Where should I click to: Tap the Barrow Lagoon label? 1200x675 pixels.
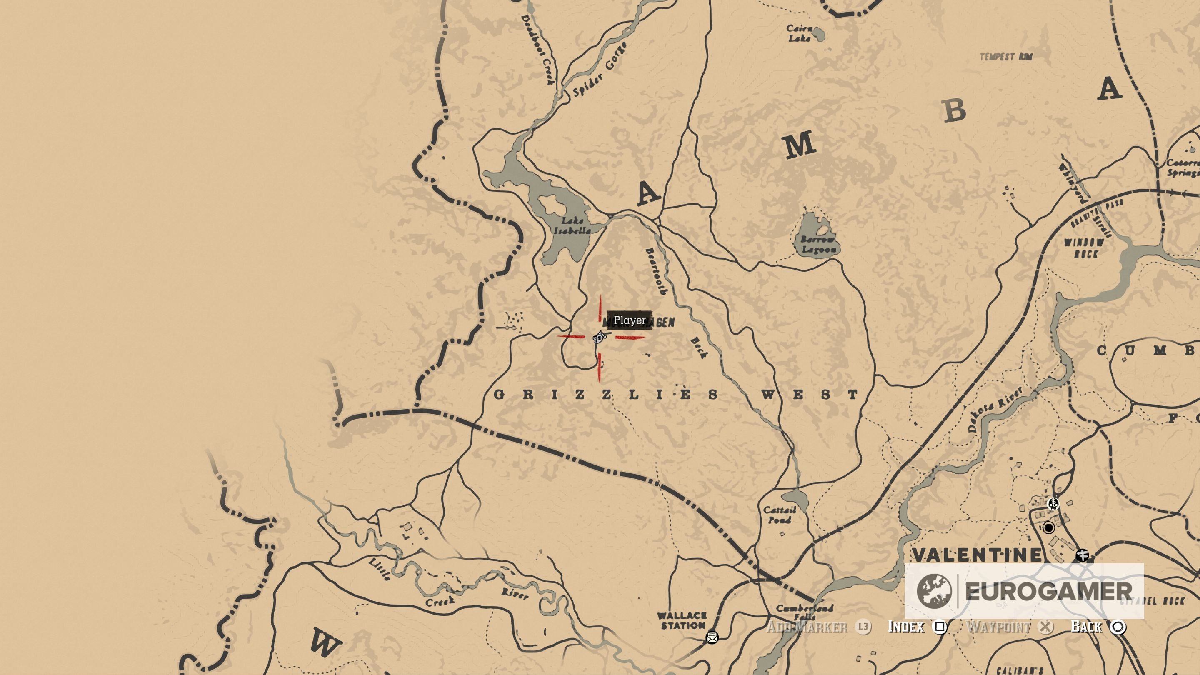click(818, 245)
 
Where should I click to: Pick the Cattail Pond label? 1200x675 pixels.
click(779, 515)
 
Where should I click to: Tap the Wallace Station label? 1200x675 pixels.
click(682, 620)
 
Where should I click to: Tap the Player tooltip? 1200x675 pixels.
click(629, 320)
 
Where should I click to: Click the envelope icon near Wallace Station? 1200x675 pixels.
click(712, 636)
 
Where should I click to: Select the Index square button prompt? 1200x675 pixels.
click(940, 627)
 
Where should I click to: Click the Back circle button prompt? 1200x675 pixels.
click(1118, 627)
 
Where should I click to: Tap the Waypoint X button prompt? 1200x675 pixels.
click(1046, 627)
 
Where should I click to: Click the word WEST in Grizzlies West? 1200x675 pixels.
click(809, 395)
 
